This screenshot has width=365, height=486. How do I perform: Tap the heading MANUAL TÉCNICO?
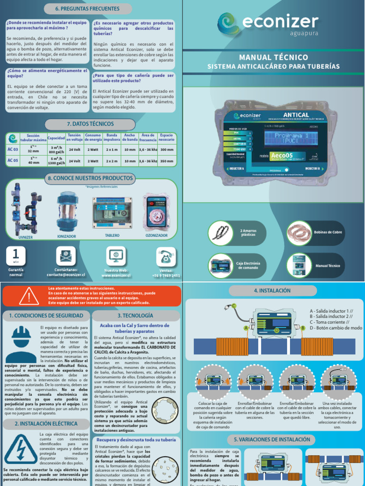(274, 57)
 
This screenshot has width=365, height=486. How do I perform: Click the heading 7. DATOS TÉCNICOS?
(92, 124)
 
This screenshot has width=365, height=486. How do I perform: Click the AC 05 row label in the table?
(13, 160)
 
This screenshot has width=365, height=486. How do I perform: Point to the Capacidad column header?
(56, 138)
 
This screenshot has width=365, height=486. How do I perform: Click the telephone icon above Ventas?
(166, 256)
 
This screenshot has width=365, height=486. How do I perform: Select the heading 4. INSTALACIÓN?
(273, 290)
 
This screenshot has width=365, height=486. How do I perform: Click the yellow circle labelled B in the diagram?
(302, 327)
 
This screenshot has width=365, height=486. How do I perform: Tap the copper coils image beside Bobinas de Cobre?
(298, 233)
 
